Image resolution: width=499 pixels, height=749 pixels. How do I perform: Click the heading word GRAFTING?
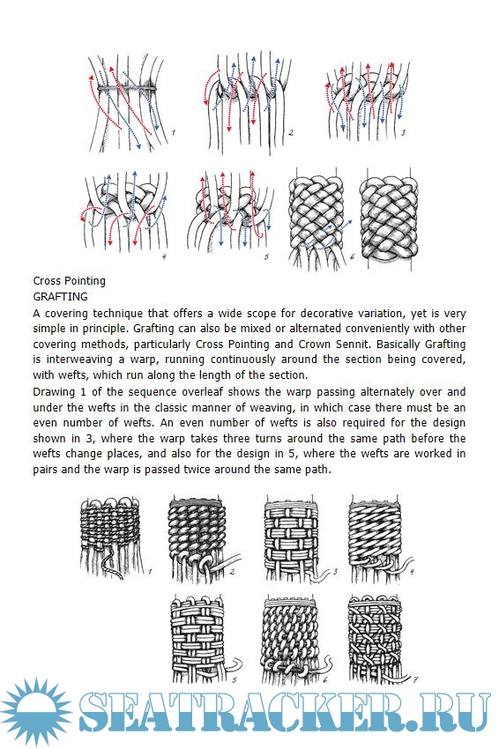click(x=60, y=297)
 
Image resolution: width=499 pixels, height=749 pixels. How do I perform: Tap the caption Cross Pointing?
click(x=70, y=281)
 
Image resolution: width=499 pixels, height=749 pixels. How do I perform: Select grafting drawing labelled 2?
click(x=199, y=538)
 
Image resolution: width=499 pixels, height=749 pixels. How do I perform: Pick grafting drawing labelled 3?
click(x=293, y=538)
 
